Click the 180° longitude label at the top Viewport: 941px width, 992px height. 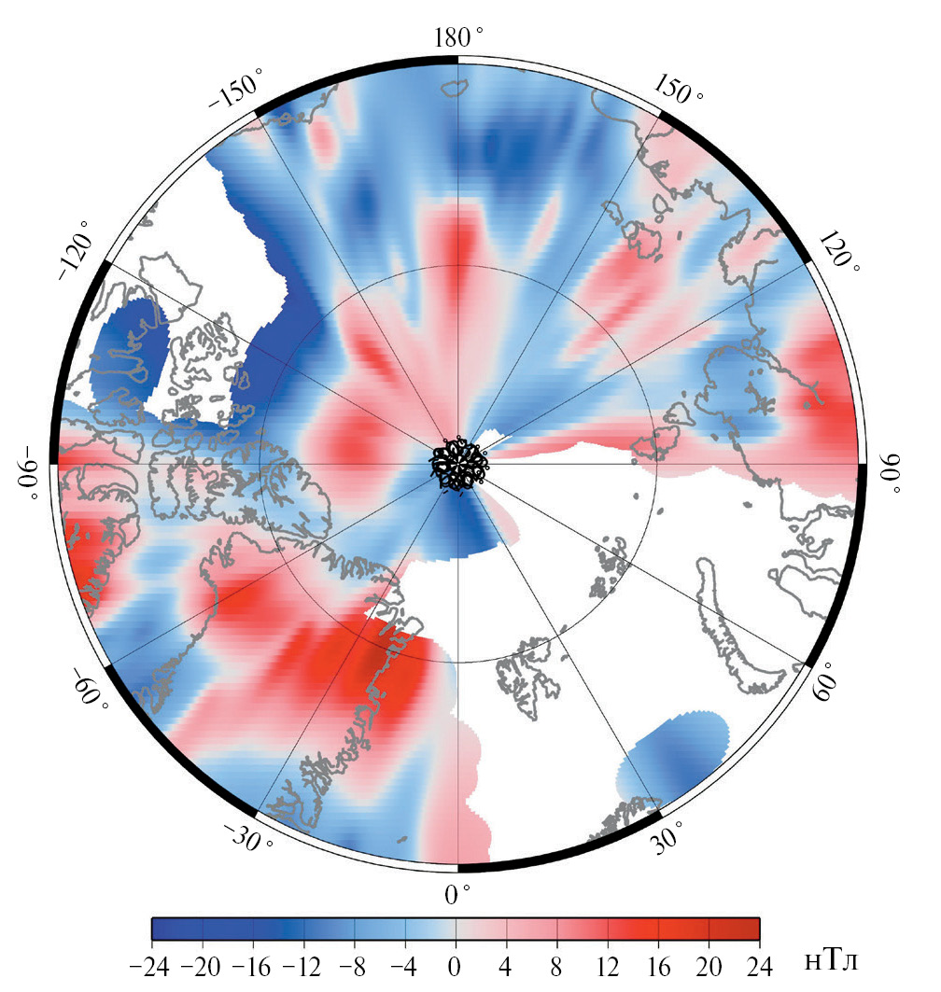[x=458, y=36]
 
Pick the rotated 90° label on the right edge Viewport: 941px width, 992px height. [x=890, y=475]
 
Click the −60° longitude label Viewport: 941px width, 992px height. [x=86, y=688]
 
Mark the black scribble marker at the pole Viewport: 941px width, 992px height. [x=458, y=463]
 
